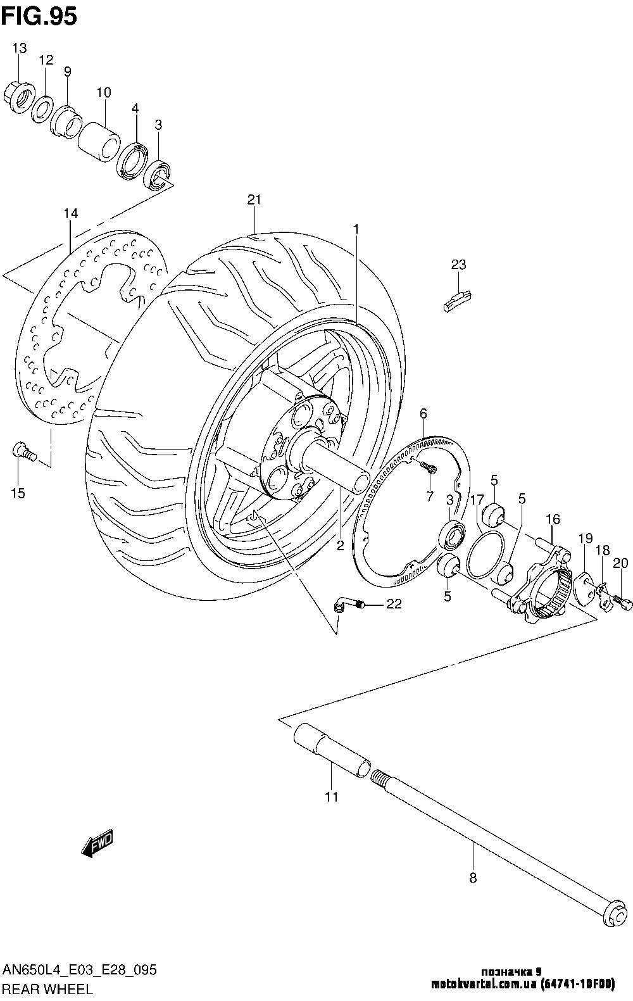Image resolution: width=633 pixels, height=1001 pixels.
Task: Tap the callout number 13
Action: coord(19,48)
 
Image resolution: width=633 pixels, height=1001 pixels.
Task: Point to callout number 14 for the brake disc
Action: coord(70,214)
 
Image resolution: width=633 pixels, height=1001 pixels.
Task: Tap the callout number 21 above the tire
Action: coord(254,200)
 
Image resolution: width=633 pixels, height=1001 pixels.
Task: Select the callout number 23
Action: coord(458,265)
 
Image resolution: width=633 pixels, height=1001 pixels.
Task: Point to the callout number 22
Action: coord(394,605)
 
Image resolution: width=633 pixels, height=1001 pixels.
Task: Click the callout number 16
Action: coord(553,519)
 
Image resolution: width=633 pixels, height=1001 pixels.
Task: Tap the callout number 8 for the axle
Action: coord(473,878)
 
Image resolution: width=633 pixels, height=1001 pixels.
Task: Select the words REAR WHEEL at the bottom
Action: coord(47,988)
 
